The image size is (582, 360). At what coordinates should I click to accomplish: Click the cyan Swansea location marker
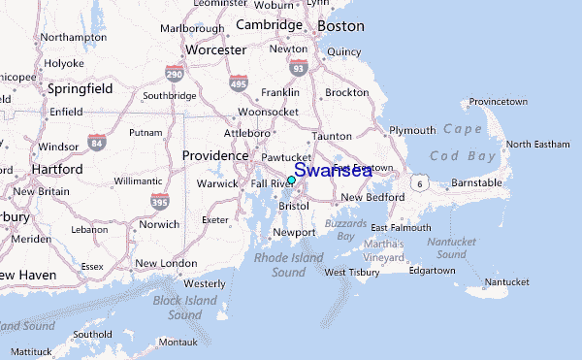[x=291, y=180]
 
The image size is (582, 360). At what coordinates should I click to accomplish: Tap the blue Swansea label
[x=333, y=171]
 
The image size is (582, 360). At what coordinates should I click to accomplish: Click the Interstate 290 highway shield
[x=174, y=74]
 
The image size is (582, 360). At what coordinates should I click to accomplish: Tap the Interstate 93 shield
[x=299, y=67]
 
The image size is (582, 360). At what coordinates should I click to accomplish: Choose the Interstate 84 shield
[x=96, y=144]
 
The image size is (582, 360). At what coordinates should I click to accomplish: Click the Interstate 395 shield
[x=160, y=200]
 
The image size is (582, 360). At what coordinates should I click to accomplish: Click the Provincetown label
[x=498, y=102]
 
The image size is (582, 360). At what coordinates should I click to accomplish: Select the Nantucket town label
[x=507, y=282]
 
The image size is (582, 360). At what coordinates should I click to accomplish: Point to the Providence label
[x=215, y=155]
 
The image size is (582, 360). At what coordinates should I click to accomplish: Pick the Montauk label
[x=178, y=342]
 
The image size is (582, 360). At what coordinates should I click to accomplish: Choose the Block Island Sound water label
[x=184, y=309]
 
